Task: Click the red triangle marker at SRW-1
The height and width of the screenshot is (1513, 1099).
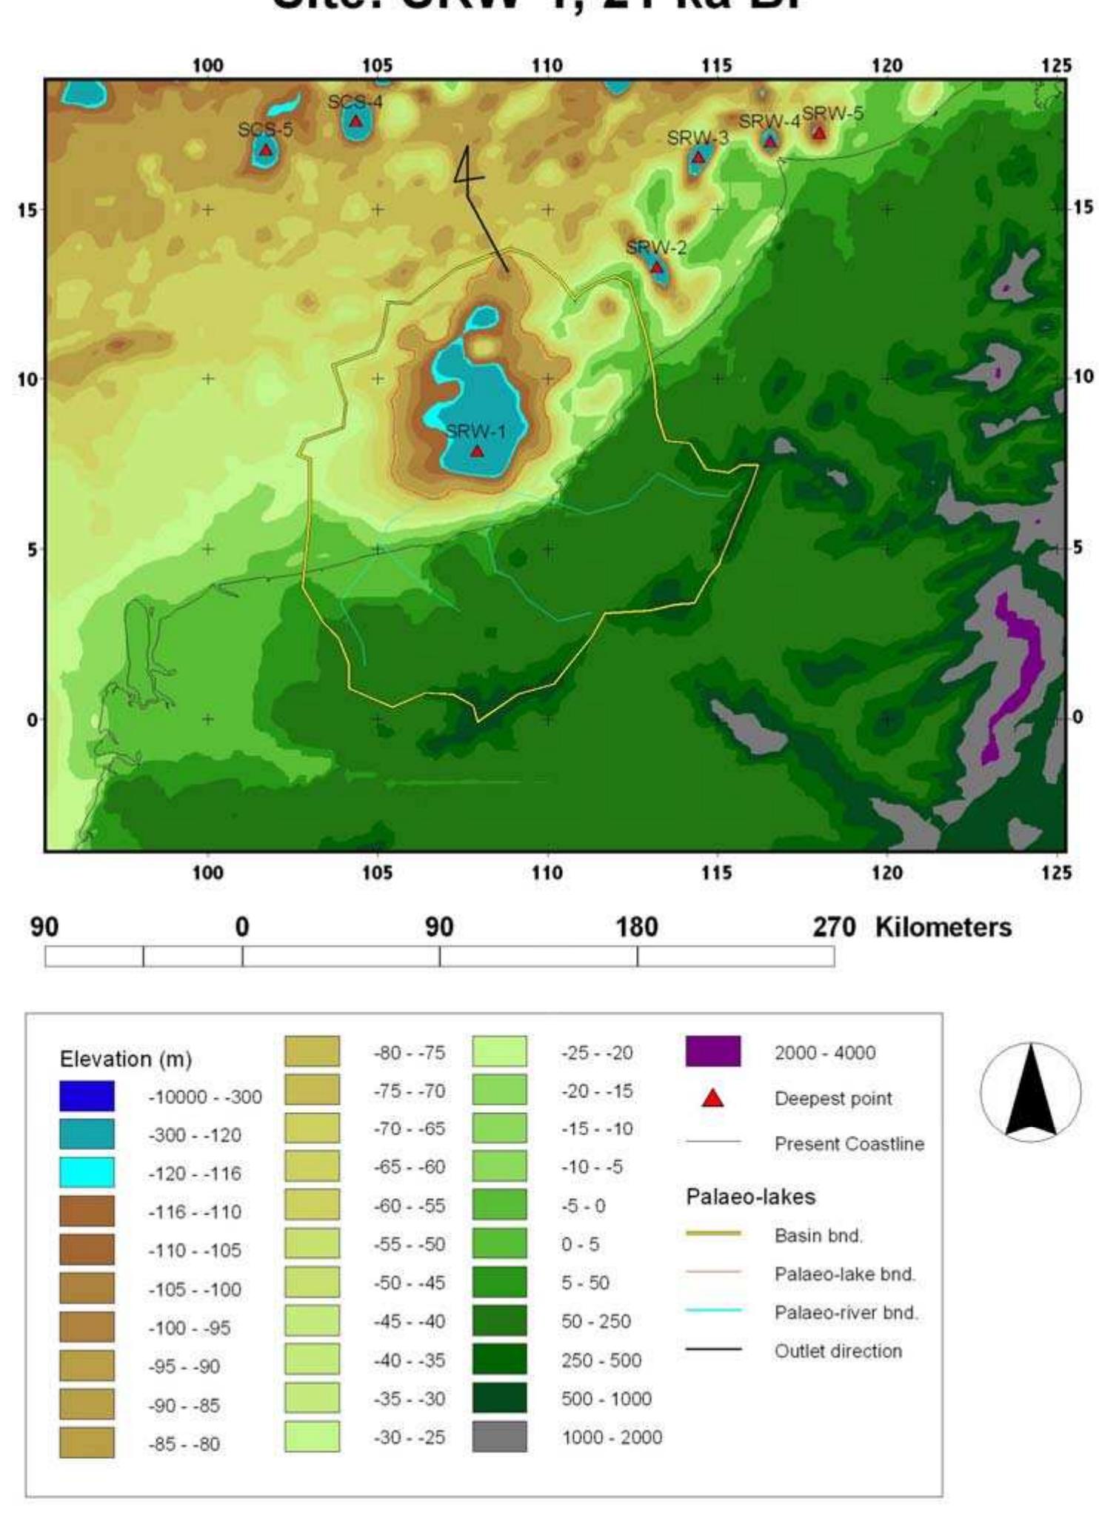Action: coord(477,450)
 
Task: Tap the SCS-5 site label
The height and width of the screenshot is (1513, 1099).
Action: coord(265,130)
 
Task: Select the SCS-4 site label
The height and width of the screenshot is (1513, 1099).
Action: coord(355,102)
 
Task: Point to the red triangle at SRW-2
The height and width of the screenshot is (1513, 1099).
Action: coord(657,267)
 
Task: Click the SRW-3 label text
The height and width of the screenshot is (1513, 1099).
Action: coord(697,139)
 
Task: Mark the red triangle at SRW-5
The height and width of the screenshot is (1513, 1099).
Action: coord(818,133)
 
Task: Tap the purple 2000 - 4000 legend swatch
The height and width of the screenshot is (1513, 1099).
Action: coord(712,1052)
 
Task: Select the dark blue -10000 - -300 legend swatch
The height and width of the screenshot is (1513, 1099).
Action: coord(87,1097)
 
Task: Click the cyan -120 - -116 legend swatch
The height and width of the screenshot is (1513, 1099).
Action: coord(87,1173)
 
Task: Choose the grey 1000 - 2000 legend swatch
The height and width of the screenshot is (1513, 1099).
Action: coord(499,1437)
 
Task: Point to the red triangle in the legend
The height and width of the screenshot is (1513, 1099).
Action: coord(712,1098)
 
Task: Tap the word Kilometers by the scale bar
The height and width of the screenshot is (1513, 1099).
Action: coord(943,927)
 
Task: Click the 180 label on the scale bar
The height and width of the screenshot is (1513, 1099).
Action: coord(637,927)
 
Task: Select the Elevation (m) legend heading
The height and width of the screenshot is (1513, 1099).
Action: coord(125,1059)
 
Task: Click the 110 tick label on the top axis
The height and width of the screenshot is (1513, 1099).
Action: coord(547,66)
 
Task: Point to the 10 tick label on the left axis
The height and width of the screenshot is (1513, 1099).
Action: coord(27,379)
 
